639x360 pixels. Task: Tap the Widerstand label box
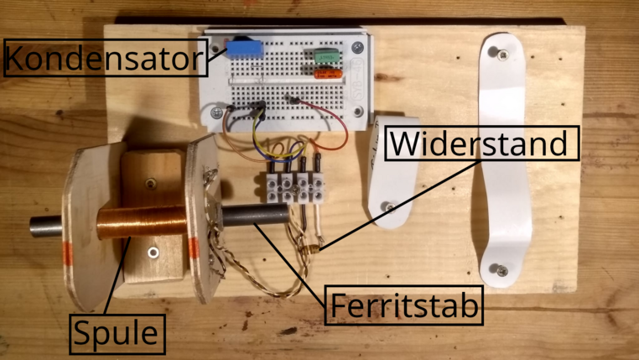coord(481,143)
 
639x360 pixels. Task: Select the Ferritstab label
coord(404,306)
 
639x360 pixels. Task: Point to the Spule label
coord(116,333)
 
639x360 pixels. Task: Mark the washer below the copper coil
coord(152,252)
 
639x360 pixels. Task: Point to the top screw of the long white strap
coord(501,54)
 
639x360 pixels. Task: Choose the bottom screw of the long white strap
coord(498,269)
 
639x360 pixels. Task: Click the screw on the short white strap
coord(387,206)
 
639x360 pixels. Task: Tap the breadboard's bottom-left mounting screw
coord(216,112)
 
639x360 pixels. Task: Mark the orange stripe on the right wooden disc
coord(194,249)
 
